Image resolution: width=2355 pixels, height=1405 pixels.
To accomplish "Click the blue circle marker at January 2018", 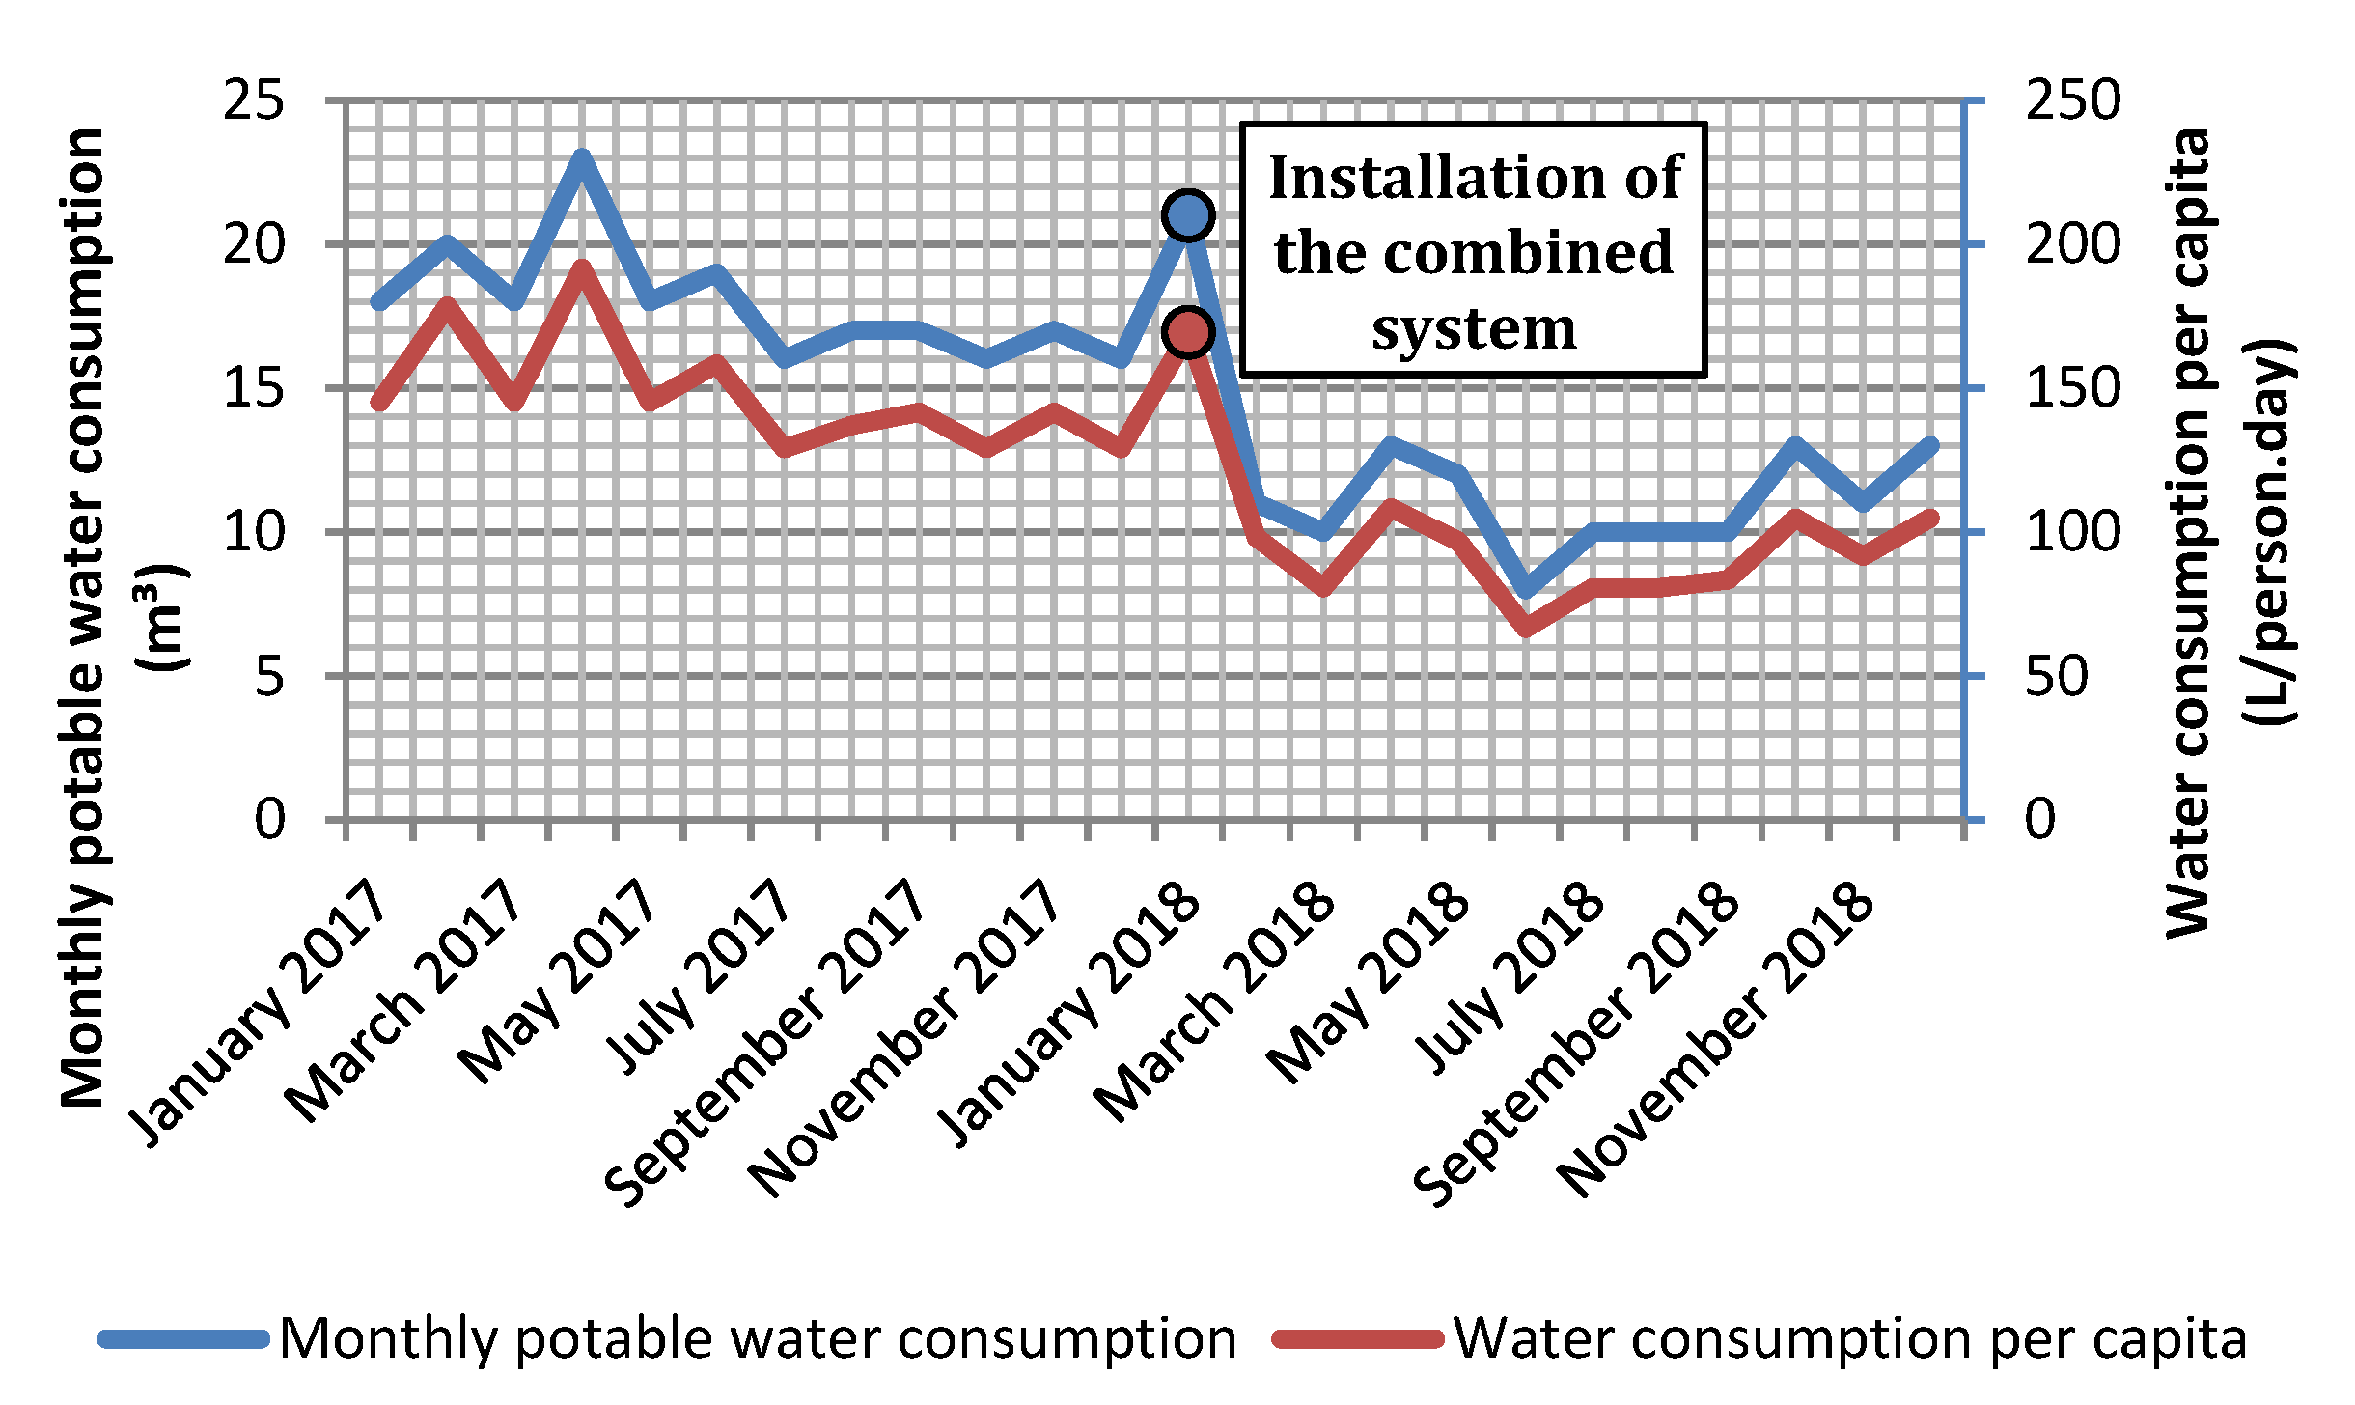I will pyautogui.click(x=1188, y=214).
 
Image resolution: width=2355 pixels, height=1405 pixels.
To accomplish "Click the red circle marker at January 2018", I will pyautogui.click(x=1188, y=332).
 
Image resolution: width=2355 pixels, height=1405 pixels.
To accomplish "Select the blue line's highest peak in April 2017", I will pyautogui.click(x=581, y=157).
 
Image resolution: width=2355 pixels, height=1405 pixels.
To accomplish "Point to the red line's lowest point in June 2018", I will pyautogui.click(x=1526, y=630).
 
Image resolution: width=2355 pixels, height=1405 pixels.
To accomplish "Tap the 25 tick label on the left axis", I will pyautogui.click(x=254, y=100).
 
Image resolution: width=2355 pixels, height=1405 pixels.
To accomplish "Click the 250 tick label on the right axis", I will pyautogui.click(x=2072, y=100).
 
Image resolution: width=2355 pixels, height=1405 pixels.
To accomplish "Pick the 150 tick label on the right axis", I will pyautogui.click(x=2072, y=388).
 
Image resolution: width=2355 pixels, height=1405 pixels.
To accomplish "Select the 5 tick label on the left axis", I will pyautogui.click(x=270, y=676).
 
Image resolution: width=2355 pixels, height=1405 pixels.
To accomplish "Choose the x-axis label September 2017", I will pyautogui.click(x=764, y=1043).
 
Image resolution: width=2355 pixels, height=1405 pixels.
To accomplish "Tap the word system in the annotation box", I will pyautogui.click(x=1474, y=328).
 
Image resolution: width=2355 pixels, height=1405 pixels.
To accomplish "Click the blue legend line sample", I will pyautogui.click(x=183, y=1338).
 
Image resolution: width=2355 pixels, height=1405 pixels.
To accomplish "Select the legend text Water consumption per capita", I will pyautogui.click(x=1850, y=1338).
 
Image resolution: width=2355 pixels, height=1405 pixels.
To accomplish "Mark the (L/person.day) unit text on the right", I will pyautogui.click(x=2268, y=531).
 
